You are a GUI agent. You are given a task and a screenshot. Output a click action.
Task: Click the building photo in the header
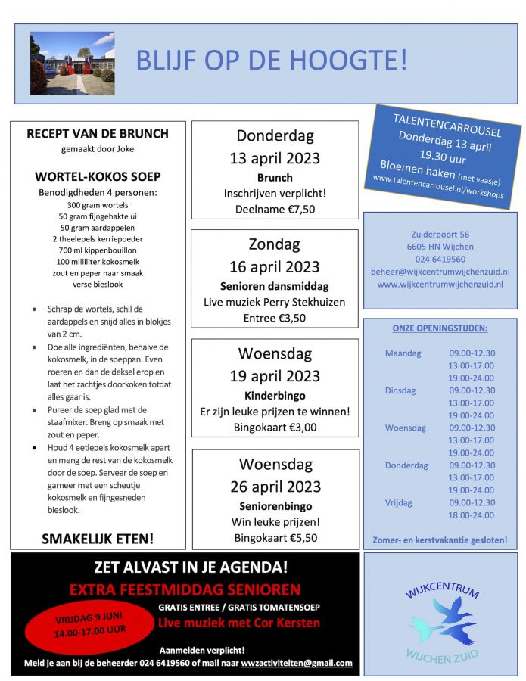click(72, 63)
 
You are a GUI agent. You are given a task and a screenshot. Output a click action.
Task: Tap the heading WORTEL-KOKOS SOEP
click(98, 177)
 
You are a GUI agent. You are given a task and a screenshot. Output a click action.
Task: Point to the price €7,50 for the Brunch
click(296, 210)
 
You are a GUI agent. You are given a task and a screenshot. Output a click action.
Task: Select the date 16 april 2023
click(275, 267)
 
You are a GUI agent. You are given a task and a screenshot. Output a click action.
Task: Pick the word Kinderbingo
click(274, 396)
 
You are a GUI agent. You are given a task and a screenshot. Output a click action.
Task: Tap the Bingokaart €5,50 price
click(275, 538)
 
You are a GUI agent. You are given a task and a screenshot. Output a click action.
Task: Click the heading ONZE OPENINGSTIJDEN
click(440, 328)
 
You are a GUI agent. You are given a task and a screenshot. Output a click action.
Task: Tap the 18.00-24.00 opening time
click(472, 515)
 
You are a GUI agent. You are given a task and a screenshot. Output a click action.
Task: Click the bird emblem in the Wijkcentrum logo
click(441, 618)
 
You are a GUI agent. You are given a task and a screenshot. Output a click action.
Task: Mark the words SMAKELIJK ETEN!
click(98, 539)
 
